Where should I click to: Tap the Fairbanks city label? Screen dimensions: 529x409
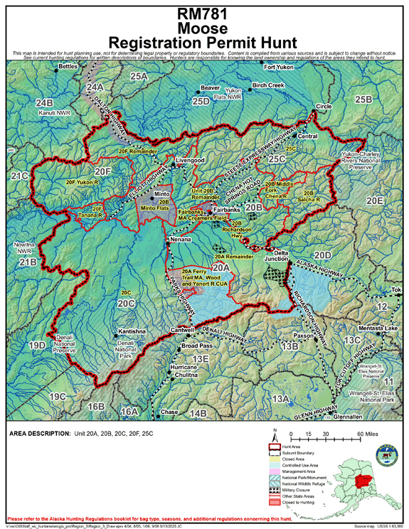(x=228, y=210)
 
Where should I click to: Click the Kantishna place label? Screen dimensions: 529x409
(x=132, y=332)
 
